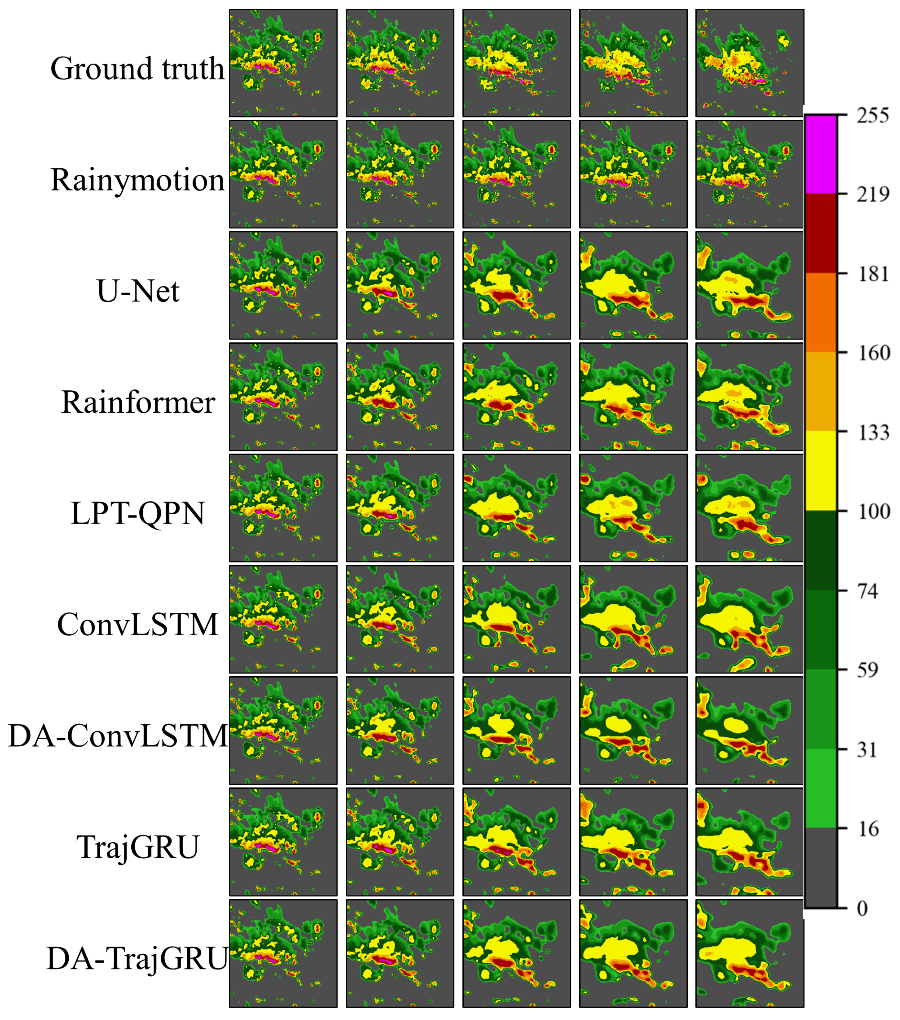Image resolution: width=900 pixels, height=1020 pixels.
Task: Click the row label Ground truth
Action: [137, 69]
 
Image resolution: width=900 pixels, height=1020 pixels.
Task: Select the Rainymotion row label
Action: [137, 180]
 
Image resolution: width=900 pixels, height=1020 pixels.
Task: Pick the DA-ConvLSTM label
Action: [118, 736]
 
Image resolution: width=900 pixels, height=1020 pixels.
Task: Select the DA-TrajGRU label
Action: [137, 959]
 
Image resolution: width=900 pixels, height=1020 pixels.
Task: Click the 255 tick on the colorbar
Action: [873, 116]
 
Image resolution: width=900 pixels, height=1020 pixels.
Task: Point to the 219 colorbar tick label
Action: [873, 194]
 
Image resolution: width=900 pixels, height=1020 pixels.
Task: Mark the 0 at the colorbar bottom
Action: [863, 908]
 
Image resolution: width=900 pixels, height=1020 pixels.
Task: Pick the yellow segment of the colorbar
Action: [821, 471]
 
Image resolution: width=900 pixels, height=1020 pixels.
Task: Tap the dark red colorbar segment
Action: [821, 233]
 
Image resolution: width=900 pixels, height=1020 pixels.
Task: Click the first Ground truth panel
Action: [283, 63]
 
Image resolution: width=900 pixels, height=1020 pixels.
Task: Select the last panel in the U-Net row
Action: [749, 285]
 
